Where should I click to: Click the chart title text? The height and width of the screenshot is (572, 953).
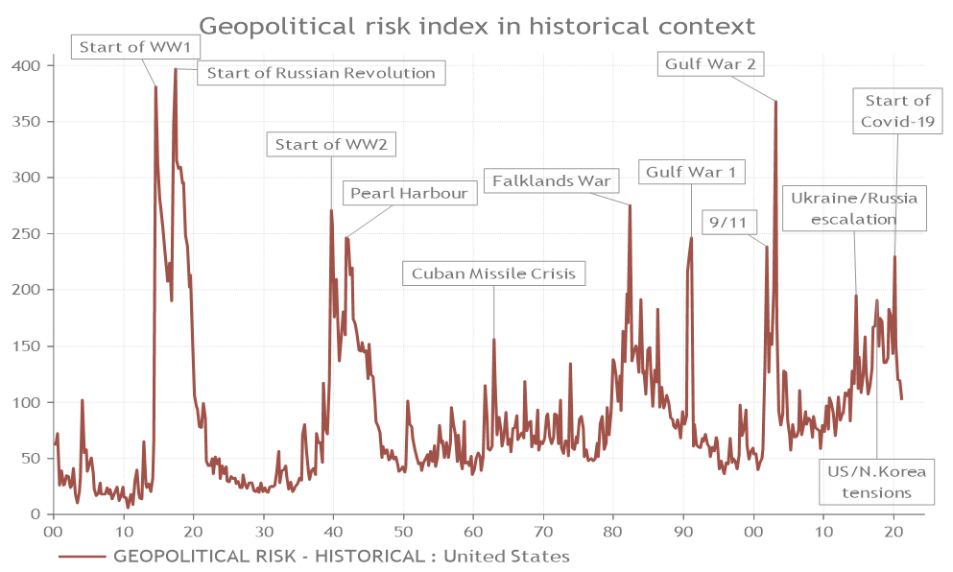click(x=477, y=25)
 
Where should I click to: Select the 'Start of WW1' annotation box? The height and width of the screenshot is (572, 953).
click(x=121, y=46)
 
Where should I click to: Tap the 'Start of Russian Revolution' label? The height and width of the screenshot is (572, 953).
click(x=321, y=73)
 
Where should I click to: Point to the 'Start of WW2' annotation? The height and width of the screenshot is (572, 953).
click(x=331, y=145)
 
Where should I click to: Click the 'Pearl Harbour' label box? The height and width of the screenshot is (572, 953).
click(x=408, y=193)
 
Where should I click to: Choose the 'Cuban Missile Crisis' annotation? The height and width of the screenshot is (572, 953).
click(x=493, y=274)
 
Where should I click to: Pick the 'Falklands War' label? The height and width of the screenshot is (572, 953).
click(x=551, y=180)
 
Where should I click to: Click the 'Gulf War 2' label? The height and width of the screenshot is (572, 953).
click(x=709, y=65)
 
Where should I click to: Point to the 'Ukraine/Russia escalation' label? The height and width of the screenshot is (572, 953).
click(x=854, y=208)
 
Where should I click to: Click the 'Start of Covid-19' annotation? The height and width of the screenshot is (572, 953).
click(x=897, y=111)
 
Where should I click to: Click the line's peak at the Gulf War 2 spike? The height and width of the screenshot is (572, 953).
click(x=775, y=102)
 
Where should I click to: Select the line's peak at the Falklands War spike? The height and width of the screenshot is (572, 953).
click(x=630, y=205)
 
